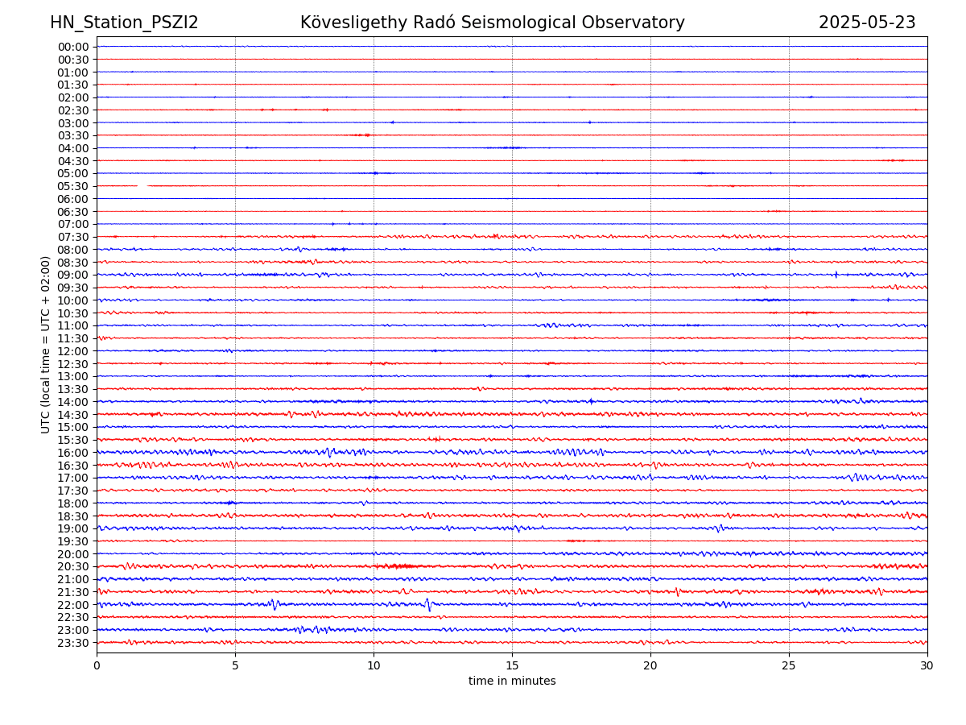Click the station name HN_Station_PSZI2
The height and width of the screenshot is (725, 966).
124,23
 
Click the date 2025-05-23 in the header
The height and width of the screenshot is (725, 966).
867,23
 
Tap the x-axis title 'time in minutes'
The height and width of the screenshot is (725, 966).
512,681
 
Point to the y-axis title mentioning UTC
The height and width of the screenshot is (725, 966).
46,345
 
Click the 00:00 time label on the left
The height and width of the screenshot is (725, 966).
73,47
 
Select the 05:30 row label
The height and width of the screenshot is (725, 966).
73,186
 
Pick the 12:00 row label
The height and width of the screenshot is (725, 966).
73,351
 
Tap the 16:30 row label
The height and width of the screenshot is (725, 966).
73,466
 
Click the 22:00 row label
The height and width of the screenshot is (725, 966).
73,605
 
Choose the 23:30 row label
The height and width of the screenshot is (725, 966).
73,643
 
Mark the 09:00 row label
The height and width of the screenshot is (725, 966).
73,275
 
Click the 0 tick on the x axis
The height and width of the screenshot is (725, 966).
97,666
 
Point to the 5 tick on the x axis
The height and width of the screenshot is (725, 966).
235,666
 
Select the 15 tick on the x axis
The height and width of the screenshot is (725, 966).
512,666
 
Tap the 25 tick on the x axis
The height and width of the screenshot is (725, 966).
789,666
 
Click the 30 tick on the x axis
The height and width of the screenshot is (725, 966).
927,666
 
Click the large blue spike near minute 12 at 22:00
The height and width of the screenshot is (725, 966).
428,605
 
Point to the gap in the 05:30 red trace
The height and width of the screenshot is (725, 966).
142,186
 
